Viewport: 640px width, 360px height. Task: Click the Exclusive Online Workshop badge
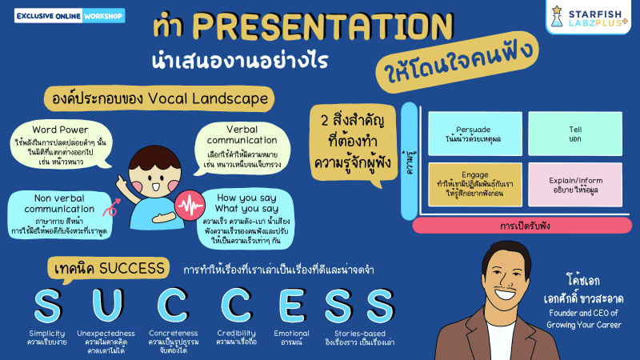[x=69, y=15]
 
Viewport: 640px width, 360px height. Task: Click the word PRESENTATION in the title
[x=312, y=26]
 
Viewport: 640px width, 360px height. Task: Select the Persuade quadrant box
[x=473, y=134]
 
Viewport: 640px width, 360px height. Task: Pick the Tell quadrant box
[x=574, y=134]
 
